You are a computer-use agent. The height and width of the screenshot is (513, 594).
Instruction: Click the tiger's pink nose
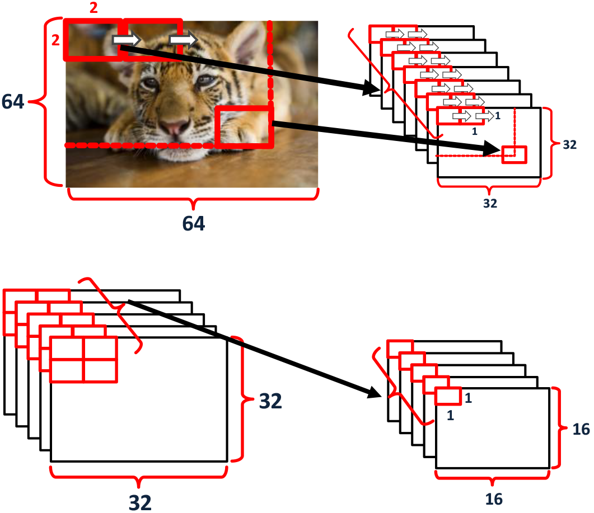(x=175, y=126)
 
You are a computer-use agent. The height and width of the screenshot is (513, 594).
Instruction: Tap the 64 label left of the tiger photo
(x=13, y=101)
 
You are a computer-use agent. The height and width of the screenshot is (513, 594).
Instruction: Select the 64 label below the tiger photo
(x=194, y=223)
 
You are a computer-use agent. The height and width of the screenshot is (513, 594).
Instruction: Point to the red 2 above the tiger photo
(x=93, y=8)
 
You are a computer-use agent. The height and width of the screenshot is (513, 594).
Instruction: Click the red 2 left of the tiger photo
(x=55, y=40)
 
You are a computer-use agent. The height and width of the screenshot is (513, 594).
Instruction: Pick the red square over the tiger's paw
(x=244, y=127)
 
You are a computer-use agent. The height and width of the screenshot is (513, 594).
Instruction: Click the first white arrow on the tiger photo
(x=127, y=39)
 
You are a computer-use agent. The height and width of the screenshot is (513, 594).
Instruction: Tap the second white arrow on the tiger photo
(x=184, y=39)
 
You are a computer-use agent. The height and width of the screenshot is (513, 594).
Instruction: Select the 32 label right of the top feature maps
(x=570, y=145)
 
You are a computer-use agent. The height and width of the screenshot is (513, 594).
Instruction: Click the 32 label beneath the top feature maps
(x=490, y=203)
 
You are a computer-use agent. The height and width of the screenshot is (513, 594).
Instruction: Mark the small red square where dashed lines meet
(x=514, y=154)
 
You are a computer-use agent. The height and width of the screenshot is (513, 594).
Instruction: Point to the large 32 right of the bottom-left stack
(x=270, y=401)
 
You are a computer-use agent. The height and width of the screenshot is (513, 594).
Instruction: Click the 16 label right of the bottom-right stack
(x=581, y=429)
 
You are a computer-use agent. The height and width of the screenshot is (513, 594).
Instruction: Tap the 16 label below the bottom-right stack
(x=494, y=499)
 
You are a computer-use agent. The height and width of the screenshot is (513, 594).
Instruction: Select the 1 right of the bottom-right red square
(x=468, y=398)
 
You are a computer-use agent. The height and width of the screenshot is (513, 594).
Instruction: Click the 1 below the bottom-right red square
(x=450, y=415)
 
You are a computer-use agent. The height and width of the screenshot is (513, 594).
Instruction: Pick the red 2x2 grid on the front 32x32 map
(x=83, y=359)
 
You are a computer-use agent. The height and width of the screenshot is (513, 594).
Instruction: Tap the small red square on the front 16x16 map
(x=448, y=396)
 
